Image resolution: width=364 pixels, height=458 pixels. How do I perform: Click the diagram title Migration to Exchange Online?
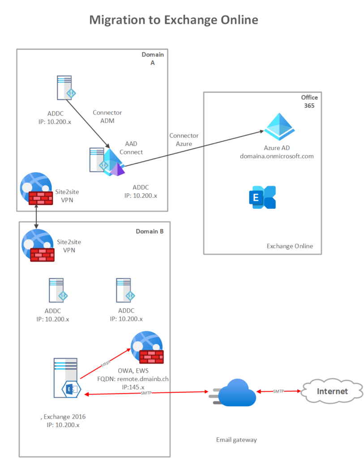point(174,20)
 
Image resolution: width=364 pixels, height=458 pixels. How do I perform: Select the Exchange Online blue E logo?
point(262,197)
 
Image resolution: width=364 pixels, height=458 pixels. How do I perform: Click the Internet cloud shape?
point(332,391)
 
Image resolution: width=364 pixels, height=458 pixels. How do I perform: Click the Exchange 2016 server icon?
point(66,378)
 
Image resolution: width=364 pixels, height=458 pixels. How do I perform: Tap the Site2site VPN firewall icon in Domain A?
point(36,189)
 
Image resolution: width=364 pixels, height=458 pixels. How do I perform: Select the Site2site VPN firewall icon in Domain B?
point(38,245)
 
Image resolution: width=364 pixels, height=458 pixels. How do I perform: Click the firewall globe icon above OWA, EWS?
point(146,347)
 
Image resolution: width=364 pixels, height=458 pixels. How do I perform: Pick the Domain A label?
point(153,59)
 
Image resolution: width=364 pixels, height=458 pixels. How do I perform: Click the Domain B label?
point(150,231)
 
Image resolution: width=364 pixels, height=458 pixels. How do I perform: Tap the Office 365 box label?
point(309,102)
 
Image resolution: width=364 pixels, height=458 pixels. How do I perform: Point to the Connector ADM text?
point(107,116)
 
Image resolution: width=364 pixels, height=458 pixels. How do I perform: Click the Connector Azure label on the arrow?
point(184,139)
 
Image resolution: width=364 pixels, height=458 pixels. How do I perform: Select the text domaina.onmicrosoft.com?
point(277,156)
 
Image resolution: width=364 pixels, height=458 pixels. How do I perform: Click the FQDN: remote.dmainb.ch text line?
point(133,378)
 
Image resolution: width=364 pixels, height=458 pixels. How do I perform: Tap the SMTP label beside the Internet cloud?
point(278,391)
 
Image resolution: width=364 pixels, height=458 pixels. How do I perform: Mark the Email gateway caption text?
point(236,440)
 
